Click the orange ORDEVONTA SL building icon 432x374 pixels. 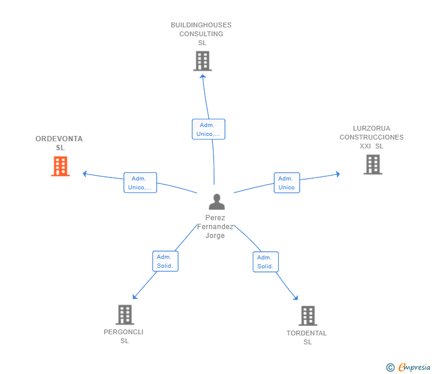(61, 167)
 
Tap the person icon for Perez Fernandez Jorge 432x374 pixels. (217, 202)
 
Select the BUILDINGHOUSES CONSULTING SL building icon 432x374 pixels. (202, 61)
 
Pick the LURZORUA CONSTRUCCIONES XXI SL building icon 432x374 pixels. (373, 164)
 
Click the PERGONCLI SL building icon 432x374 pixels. (125, 315)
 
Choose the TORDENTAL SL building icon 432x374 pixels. (307, 316)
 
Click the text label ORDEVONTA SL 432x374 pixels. (59, 143)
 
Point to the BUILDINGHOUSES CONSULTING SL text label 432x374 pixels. (201, 34)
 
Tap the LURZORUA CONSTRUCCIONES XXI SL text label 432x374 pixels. (371, 137)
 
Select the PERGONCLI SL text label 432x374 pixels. (123, 337)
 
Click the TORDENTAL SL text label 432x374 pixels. (307, 337)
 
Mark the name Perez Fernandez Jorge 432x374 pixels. (215, 227)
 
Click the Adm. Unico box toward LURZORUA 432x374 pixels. (287, 183)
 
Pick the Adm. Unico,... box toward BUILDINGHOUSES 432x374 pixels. (208, 129)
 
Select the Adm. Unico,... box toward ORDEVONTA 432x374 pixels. (140, 183)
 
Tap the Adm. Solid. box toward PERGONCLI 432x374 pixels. (165, 261)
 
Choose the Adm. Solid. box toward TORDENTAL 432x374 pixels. (265, 262)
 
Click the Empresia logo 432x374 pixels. (414, 367)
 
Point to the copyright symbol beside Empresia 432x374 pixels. (390, 367)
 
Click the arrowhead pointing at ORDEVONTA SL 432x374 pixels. (85, 174)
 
